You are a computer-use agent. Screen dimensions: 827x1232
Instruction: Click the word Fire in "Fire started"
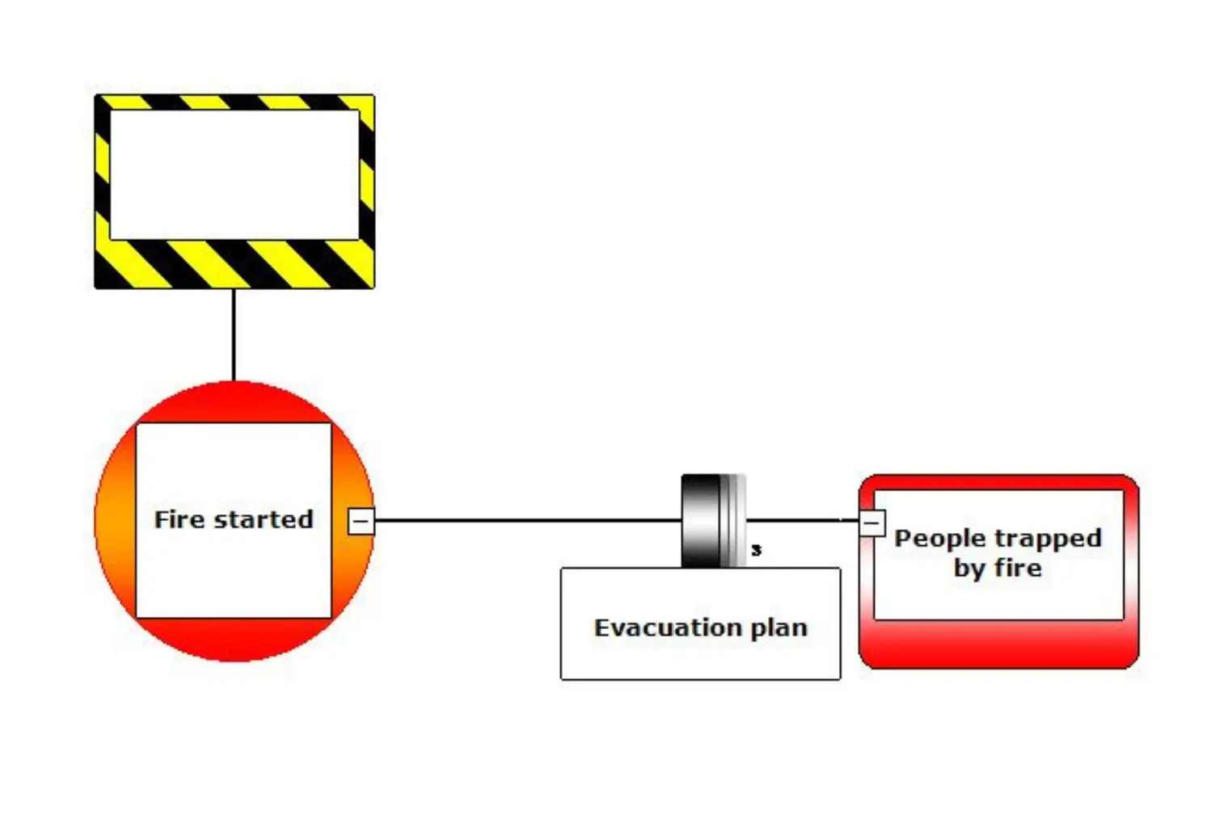pos(179,519)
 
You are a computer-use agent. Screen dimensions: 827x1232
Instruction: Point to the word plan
pos(778,628)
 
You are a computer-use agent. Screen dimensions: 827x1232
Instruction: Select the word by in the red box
pos(968,568)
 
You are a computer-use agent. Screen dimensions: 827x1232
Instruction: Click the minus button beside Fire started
pos(361,521)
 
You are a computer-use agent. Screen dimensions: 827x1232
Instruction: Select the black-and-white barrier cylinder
pos(711,521)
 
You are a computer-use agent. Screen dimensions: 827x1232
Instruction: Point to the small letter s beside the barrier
pos(756,550)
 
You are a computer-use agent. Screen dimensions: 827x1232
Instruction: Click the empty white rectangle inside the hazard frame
pos(234,174)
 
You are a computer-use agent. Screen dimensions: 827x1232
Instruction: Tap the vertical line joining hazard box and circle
pos(234,334)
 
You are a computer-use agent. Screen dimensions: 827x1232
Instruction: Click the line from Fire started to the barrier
pos(525,520)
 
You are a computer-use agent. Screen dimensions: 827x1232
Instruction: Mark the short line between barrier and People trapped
pos(800,520)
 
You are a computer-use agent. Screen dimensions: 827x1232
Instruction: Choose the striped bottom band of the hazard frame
pos(234,264)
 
